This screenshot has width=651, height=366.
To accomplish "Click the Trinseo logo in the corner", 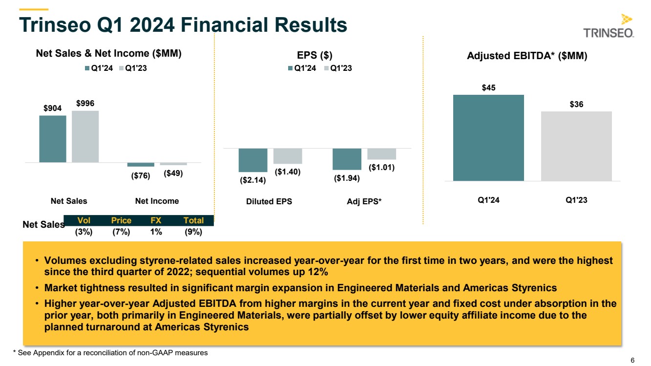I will pos(609,26).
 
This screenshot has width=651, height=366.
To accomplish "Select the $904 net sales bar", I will pos(53,139).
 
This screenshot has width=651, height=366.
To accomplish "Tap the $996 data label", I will pos(85,104).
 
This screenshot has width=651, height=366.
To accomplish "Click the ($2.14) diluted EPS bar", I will pos(253,160).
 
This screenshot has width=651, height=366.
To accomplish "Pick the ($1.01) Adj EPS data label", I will pos(381,168).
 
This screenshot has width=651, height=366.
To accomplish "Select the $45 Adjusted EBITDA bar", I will pos(488,138).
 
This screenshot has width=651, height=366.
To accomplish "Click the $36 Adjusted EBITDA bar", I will pos(576,146).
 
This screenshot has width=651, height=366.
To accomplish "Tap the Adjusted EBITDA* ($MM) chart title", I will pos(527,56).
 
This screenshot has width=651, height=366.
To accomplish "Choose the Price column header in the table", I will pos(121,220).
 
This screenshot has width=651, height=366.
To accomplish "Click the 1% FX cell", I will pos(156,232).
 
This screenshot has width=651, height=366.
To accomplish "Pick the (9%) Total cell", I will pos(193,232).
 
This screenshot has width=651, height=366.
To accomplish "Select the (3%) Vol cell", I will pos(84,232).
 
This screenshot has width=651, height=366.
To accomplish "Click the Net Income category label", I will pos(157,201).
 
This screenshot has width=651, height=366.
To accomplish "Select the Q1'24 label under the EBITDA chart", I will pos(488,201).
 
